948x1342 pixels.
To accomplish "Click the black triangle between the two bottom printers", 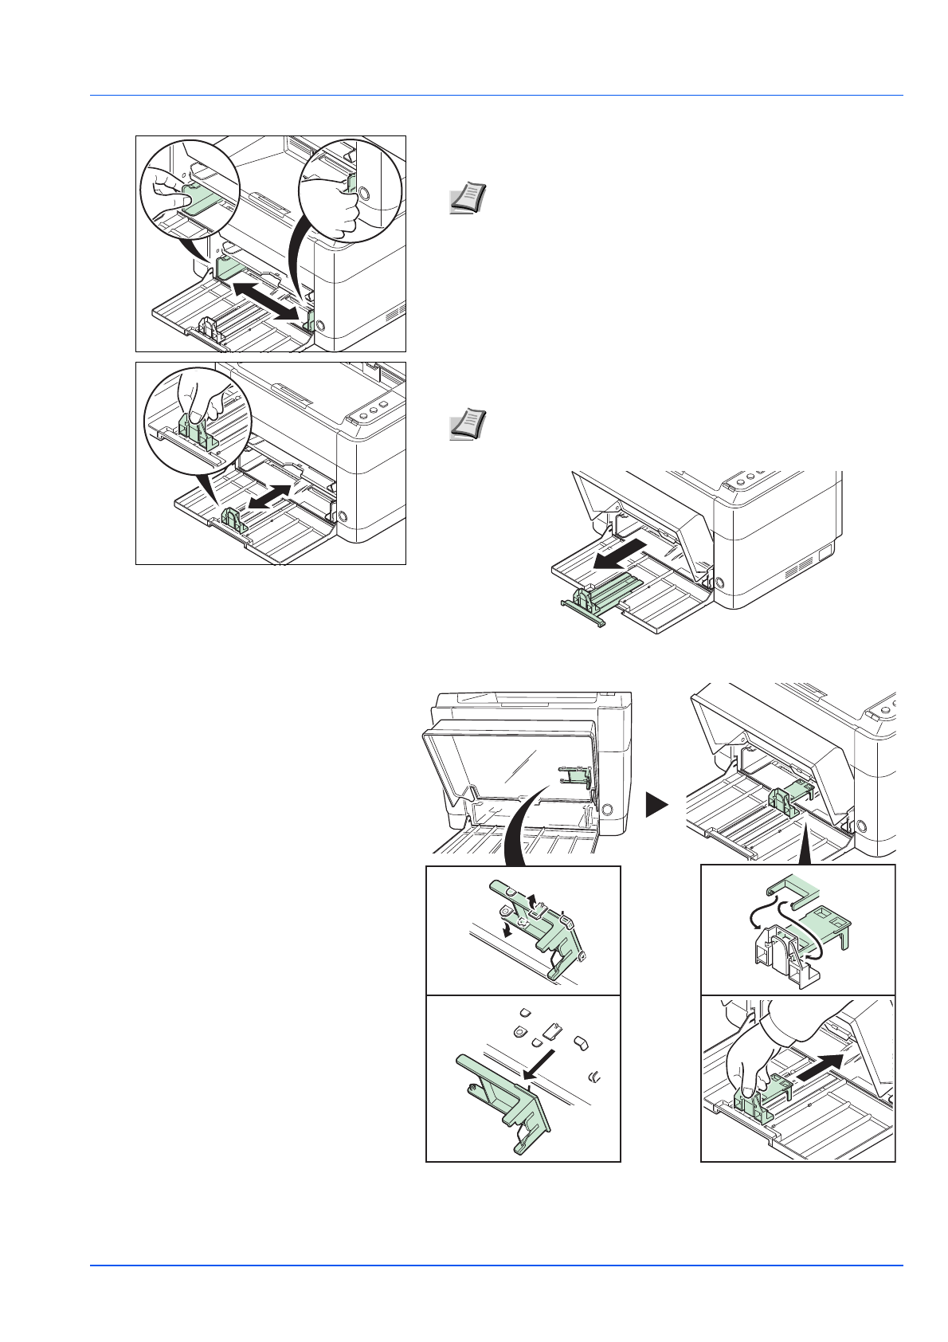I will click(x=656, y=805).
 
